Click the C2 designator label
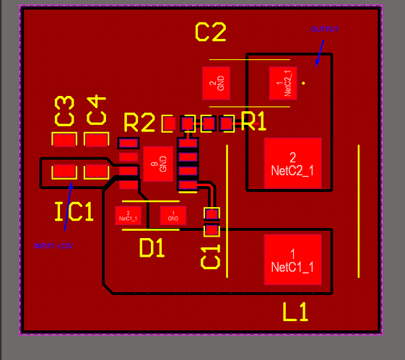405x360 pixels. [211, 32]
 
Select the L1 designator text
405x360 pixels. [295, 312]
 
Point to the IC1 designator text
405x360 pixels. [74, 211]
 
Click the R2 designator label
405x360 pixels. [139, 123]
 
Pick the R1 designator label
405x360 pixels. [253, 122]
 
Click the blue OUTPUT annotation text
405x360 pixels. [324, 30]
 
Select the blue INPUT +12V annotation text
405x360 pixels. [53, 246]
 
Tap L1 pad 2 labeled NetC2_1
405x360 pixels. [292, 163]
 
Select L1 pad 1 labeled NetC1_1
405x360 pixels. [292, 260]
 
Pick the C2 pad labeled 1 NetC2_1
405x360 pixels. [283, 82]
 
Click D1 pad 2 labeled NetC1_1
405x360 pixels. [128, 215]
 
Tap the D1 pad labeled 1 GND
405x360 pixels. [173, 215]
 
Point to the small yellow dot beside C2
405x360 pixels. [303, 83]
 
